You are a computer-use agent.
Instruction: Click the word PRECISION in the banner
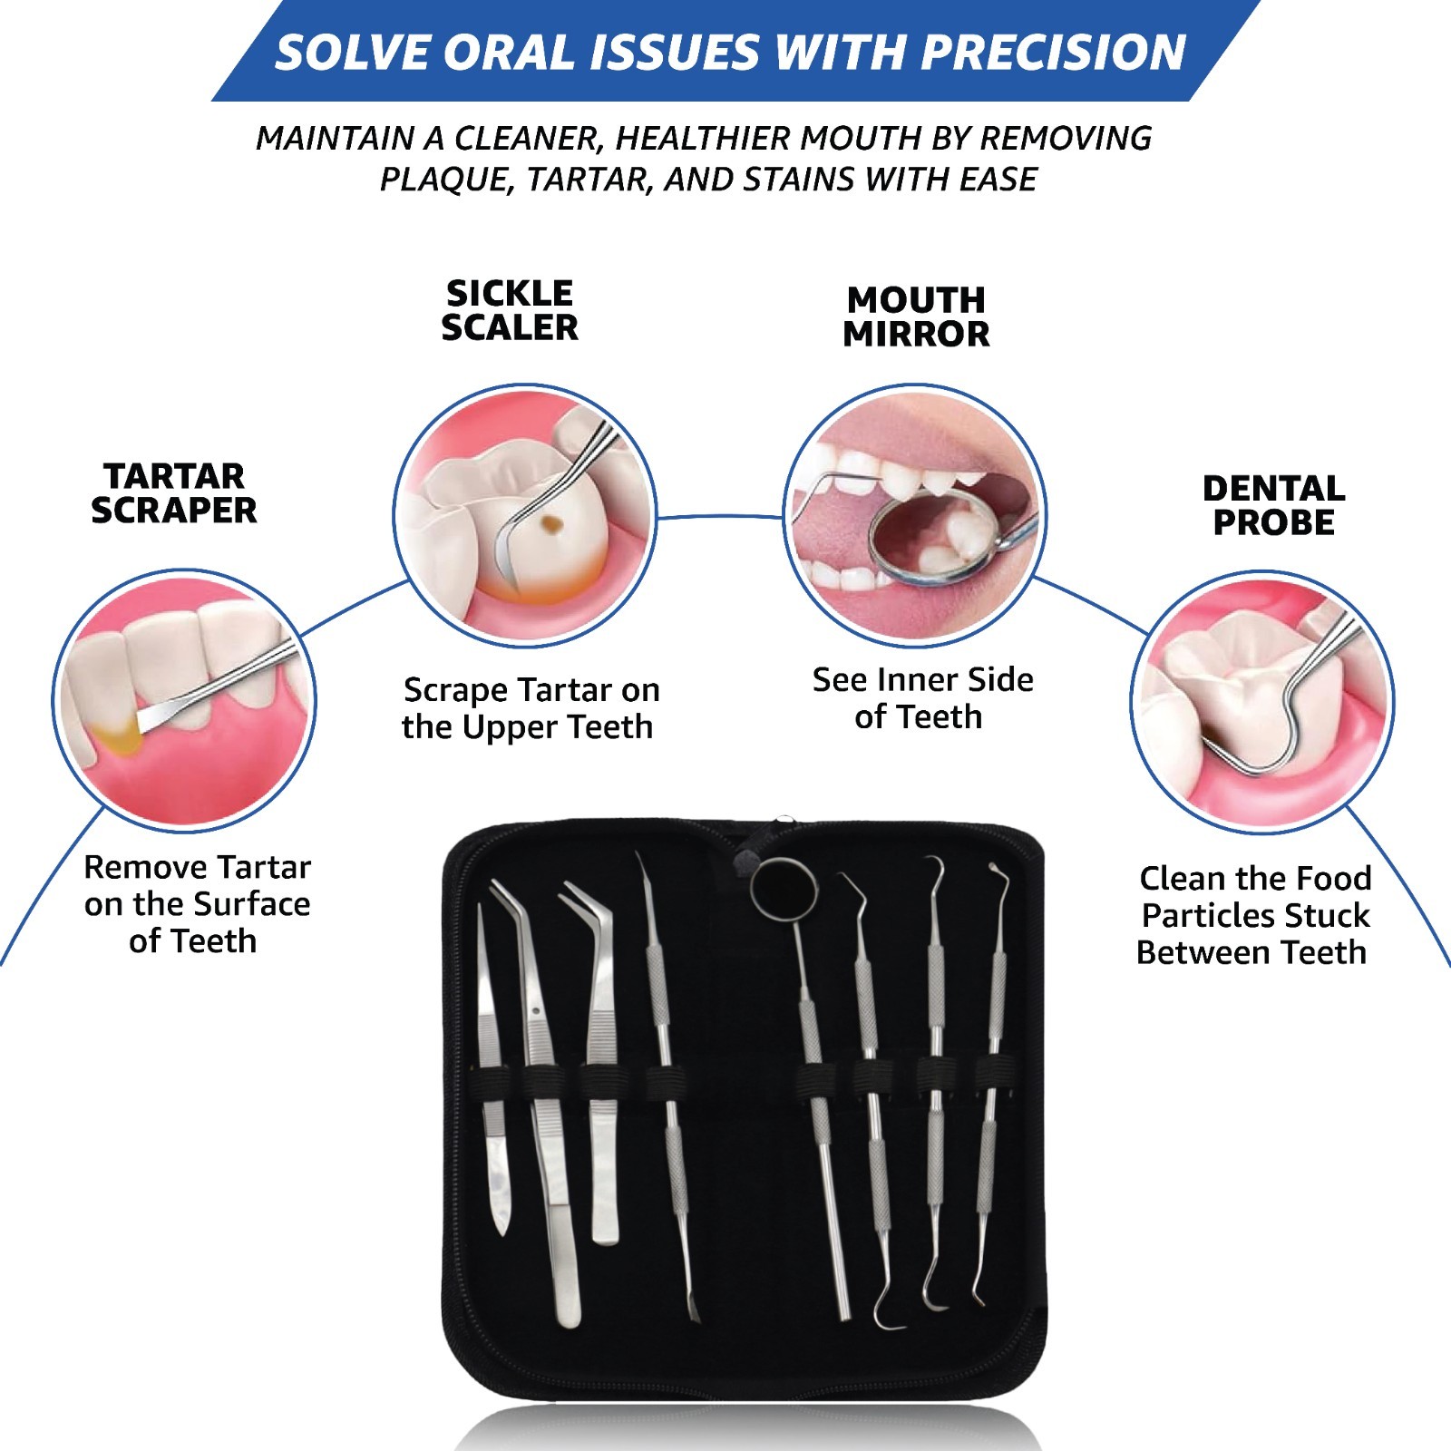(1054, 52)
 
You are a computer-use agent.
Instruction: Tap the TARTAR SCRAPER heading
(174, 493)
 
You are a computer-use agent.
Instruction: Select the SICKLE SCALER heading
(510, 310)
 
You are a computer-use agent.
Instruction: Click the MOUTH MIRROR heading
(916, 316)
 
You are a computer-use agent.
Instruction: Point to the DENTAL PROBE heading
(1273, 505)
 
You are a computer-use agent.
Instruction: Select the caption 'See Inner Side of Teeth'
(922, 698)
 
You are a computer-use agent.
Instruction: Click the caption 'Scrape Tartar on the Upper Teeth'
(531, 708)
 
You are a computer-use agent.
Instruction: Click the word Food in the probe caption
(1333, 878)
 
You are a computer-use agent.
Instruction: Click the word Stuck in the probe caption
(1325, 916)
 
